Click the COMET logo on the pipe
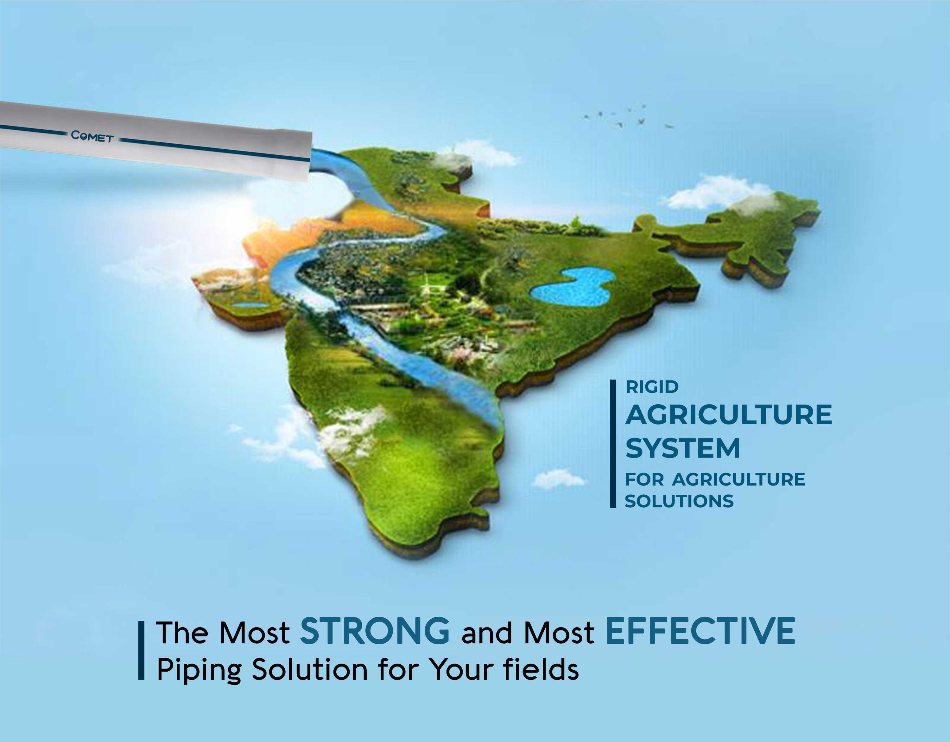tap(92, 137)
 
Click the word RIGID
tap(652, 387)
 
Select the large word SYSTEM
tap(682, 448)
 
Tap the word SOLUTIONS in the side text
tap(679, 501)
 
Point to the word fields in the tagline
tap(541, 668)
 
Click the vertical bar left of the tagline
tap(141, 651)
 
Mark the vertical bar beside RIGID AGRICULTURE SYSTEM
tap(613, 444)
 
